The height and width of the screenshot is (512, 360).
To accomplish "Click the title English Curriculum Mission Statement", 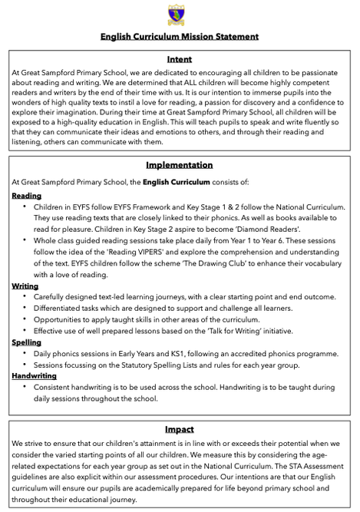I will tap(180, 36).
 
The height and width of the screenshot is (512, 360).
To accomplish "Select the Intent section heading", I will tap(180, 58).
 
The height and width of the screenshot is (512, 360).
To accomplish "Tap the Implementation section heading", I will tap(180, 164).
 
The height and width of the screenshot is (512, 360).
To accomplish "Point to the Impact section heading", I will tap(180, 429).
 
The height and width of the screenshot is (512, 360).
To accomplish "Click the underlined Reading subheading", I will tap(27, 196).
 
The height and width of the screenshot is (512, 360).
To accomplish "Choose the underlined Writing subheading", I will tap(25, 286).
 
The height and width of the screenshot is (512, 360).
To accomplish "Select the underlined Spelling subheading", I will tap(27, 342).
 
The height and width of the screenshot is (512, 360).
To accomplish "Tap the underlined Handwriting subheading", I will tap(35, 376).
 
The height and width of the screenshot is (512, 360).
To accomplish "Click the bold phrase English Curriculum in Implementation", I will tap(177, 182).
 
